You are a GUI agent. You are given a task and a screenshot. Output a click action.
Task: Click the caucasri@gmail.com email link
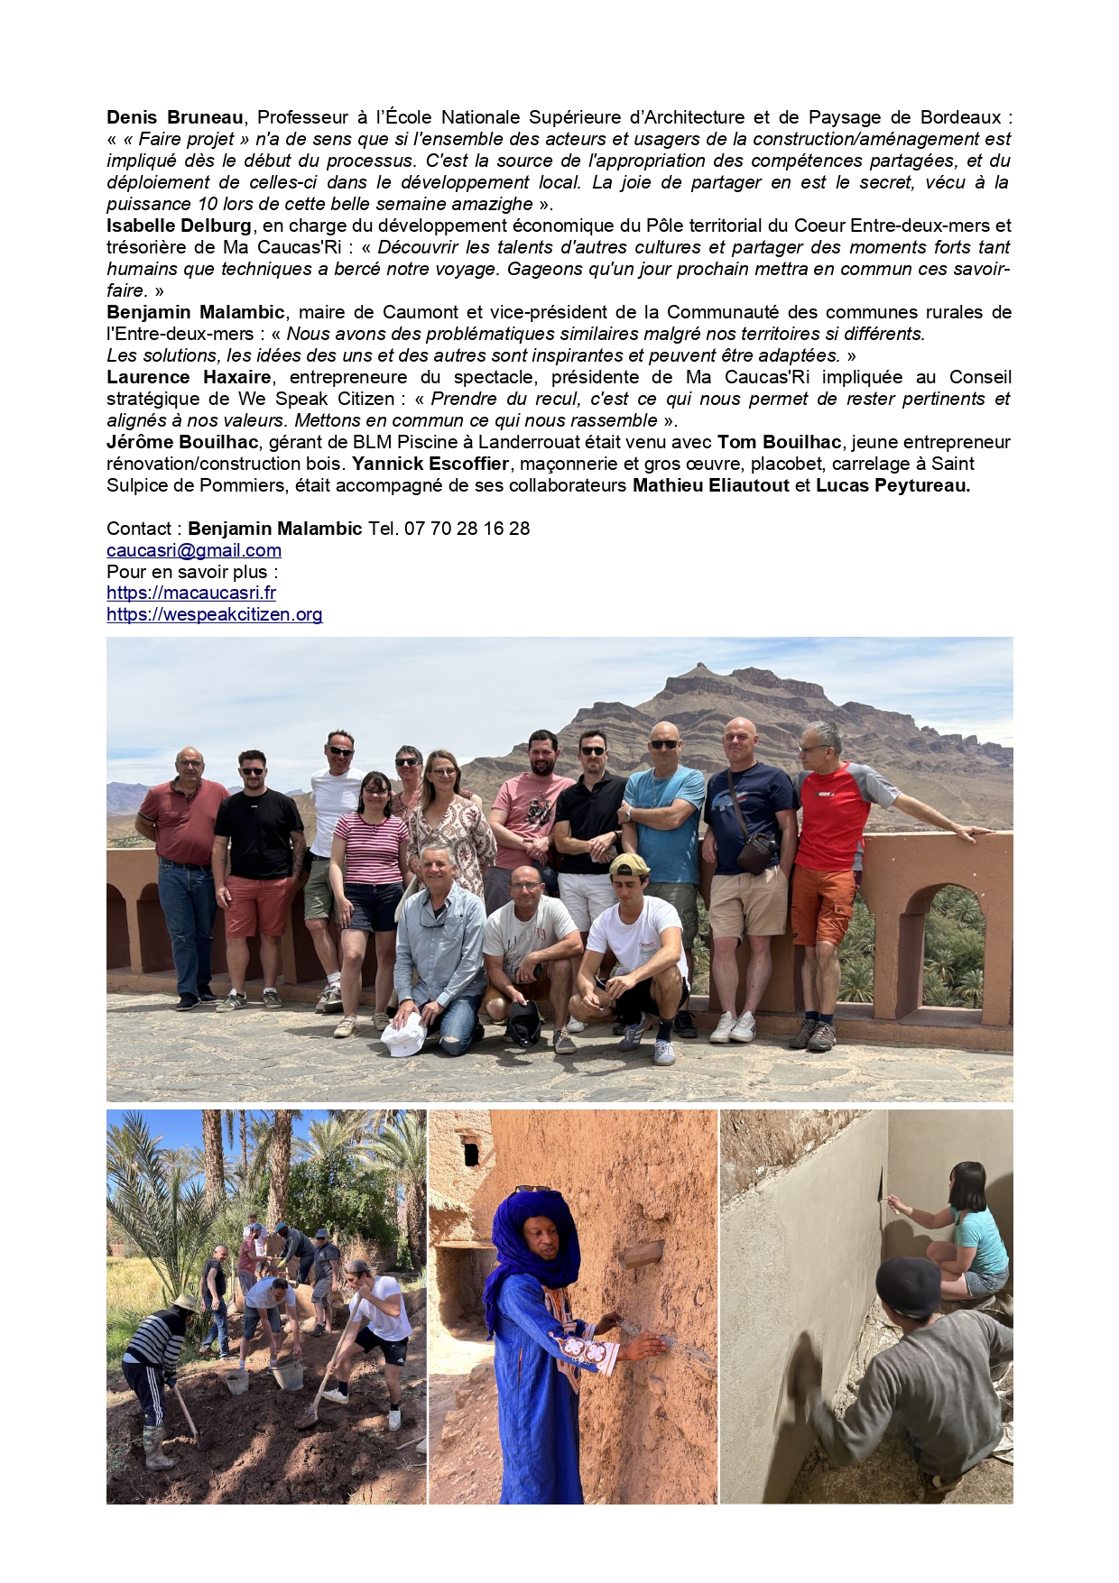click(194, 550)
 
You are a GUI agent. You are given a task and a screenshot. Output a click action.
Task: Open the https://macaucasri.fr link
click(191, 593)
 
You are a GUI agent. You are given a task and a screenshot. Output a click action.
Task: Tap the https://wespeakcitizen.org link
click(214, 614)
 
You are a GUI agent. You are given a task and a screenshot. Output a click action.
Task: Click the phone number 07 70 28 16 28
click(467, 529)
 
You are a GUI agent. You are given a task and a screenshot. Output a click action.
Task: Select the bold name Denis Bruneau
click(175, 117)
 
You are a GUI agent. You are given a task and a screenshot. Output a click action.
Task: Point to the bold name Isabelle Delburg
click(180, 225)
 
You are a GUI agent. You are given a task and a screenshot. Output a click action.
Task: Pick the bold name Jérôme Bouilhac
click(182, 442)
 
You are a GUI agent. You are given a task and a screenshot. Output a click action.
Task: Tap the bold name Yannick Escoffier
click(430, 464)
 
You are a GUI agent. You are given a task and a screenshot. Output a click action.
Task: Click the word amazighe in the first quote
click(489, 204)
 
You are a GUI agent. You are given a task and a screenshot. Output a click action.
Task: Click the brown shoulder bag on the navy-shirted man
click(755, 851)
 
